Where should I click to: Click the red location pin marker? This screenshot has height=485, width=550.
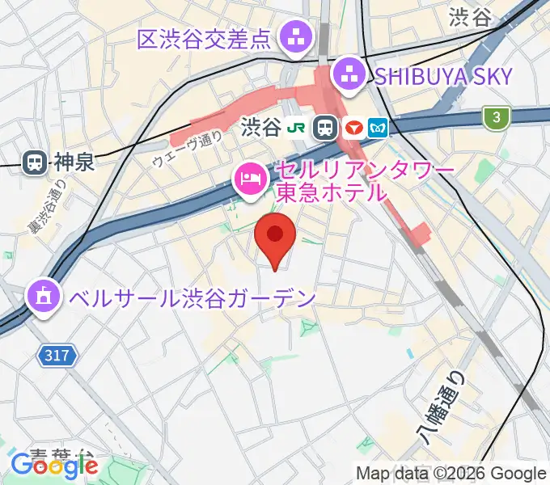[275, 236]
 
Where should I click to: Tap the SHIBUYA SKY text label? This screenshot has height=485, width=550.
[443, 77]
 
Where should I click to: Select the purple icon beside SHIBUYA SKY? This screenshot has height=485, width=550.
[349, 76]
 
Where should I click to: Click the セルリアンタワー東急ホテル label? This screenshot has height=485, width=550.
[332, 183]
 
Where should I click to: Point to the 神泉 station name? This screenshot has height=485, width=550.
[74, 162]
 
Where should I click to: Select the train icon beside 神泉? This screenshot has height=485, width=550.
[35, 162]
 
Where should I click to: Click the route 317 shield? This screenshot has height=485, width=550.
[57, 354]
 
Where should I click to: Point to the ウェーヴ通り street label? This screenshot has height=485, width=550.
[188, 150]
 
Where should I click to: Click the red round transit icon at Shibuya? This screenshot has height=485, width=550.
[353, 127]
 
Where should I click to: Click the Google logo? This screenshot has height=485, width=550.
[54, 466]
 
